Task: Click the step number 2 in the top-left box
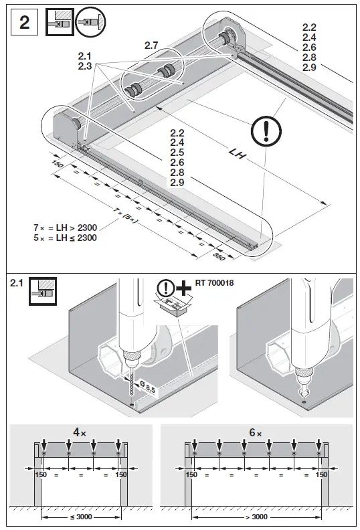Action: tap(25, 23)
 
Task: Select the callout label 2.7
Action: tap(153, 45)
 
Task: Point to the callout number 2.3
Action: tap(84, 67)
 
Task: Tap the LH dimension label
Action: tap(236, 153)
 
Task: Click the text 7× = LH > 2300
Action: tap(65, 228)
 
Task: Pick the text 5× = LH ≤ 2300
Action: tap(65, 238)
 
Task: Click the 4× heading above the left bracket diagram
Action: tap(80, 432)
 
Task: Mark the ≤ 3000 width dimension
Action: tap(81, 517)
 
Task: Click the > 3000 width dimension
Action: tap(258, 517)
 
